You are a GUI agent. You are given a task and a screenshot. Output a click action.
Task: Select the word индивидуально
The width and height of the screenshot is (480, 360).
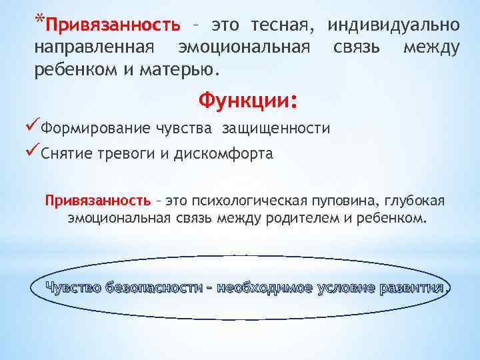tap(393, 26)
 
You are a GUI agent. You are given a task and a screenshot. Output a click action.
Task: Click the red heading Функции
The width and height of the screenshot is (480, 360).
tap(243, 101)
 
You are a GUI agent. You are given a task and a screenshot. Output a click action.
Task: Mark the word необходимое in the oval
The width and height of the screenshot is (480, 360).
tap(265, 288)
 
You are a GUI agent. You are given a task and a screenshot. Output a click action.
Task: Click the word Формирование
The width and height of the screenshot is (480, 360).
tap(93, 129)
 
